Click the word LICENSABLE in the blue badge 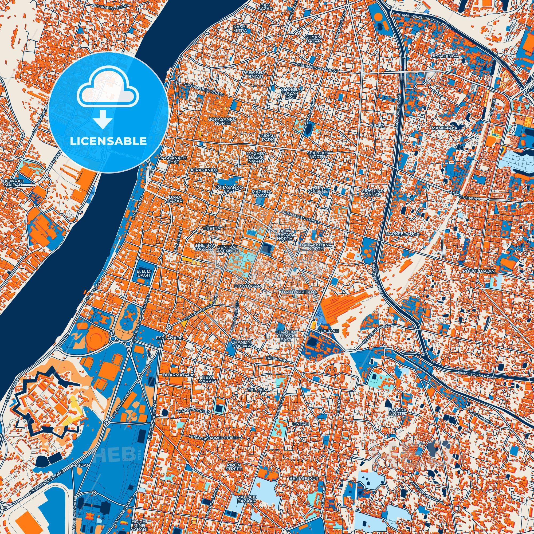point(108,141)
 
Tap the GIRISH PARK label point(268,138)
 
